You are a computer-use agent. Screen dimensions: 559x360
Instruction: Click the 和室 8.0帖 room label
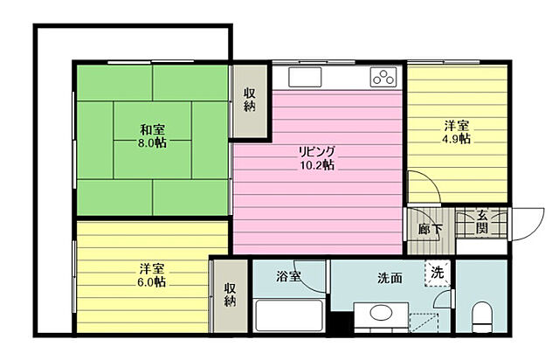point(152,135)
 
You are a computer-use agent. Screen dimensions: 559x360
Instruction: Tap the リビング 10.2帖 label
point(316,157)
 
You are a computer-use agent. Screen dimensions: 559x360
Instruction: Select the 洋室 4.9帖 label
point(456,132)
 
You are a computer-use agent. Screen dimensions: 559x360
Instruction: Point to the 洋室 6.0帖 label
point(151,275)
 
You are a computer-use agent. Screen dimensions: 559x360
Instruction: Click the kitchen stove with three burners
point(383,77)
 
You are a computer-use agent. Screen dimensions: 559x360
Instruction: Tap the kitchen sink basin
point(305,77)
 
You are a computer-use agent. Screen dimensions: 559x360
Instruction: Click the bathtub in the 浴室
point(289,315)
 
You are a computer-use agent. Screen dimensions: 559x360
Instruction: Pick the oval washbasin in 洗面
point(381,313)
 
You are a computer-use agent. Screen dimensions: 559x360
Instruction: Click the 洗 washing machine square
point(437,273)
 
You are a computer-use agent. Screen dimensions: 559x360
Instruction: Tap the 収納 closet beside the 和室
point(250,100)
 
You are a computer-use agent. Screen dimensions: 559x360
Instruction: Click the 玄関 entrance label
point(482,222)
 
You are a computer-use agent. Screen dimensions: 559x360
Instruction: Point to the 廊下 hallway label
point(431,230)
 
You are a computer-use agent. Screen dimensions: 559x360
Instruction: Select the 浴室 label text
point(288,276)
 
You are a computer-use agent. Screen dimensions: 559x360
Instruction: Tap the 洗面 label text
point(390,278)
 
